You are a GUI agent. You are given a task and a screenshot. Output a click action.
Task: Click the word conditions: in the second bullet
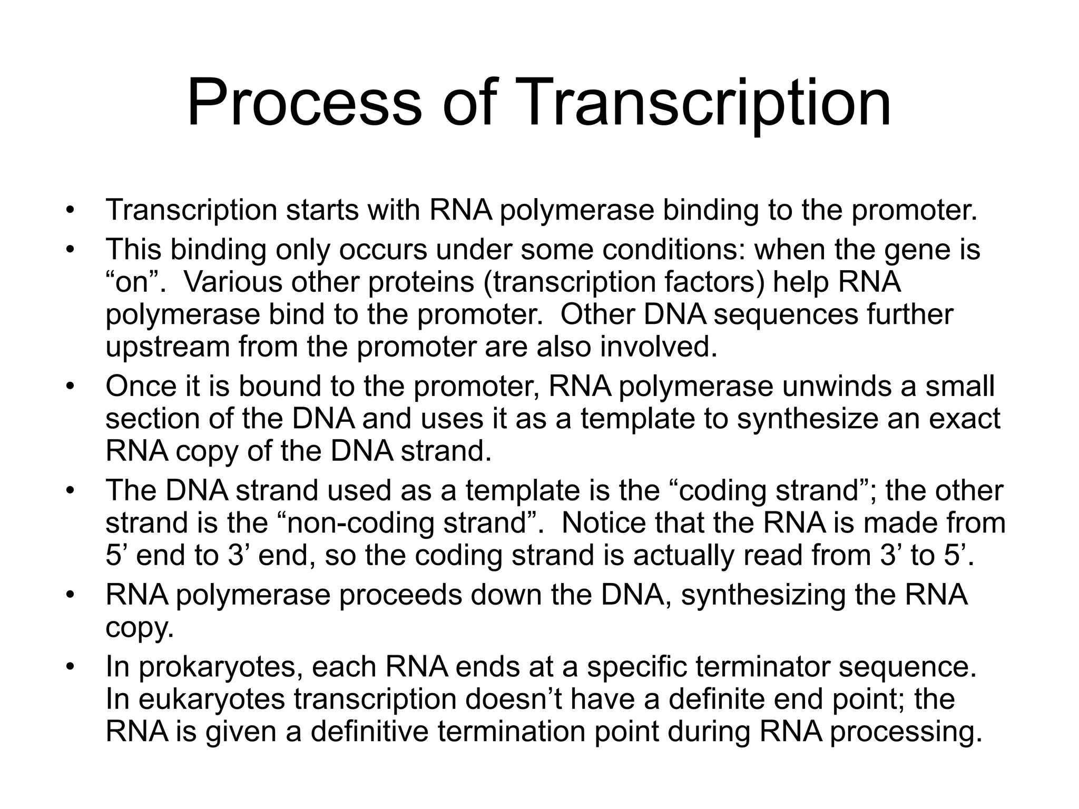[674, 250]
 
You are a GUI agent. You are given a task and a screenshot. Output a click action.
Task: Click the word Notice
[603, 523]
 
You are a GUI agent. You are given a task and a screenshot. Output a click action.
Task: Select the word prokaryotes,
[221, 667]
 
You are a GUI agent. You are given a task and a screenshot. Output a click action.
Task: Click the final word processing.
[906, 733]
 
